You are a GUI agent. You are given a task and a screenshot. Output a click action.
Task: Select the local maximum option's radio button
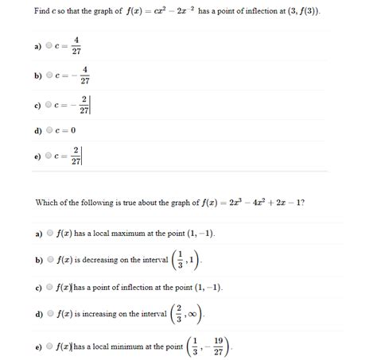[50, 234]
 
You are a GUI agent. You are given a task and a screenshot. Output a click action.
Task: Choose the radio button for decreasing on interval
[50, 259]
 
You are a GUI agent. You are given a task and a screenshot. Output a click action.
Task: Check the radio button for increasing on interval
[50, 315]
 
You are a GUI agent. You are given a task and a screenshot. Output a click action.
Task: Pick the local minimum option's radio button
[50, 346]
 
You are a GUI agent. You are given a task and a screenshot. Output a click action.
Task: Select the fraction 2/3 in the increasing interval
[180, 315]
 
